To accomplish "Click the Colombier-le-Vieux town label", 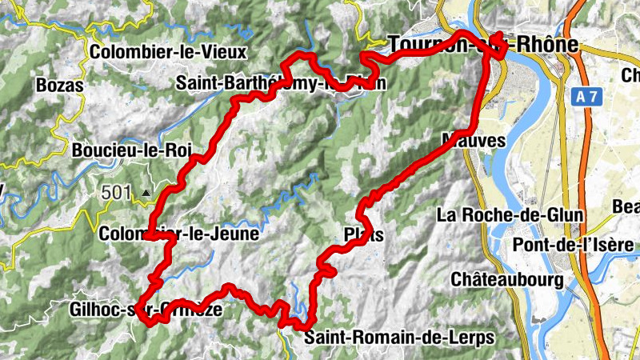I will click(x=169, y=52).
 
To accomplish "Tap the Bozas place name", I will click(x=60, y=85).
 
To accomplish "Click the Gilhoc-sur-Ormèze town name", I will click(x=146, y=310).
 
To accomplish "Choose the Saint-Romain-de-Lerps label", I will click(x=399, y=337).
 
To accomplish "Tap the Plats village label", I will click(x=363, y=235).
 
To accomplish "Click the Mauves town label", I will click(x=474, y=141).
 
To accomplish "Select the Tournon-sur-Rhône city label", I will click(x=482, y=45).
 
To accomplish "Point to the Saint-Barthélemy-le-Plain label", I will click(x=281, y=82).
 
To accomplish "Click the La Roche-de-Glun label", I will click(x=511, y=215).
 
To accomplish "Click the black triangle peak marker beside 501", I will click(x=146, y=193).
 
